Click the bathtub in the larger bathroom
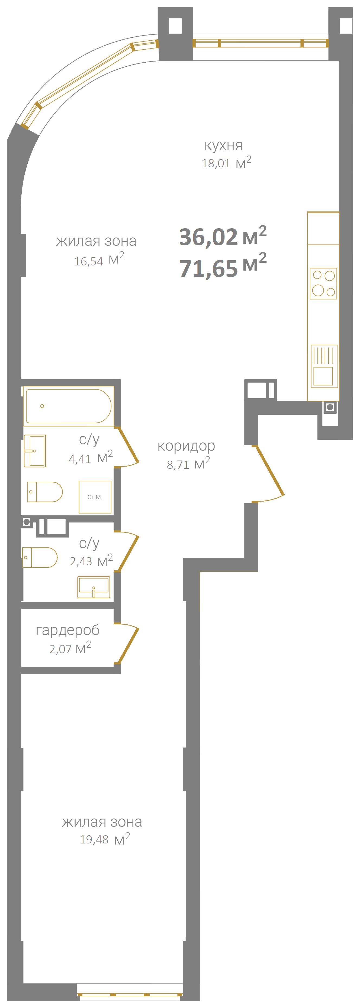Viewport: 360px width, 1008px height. pyautogui.click(x=69, y=406)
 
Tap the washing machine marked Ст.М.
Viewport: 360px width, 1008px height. pyautogui.click(x=95, y=497)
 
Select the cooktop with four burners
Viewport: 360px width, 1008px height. pyautogui.click(x=323, y=284)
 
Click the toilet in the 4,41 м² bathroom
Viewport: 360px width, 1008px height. pyautogui.click(x=45, y=492)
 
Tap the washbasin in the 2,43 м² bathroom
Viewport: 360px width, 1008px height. pyautogui.click(x=94, y=587)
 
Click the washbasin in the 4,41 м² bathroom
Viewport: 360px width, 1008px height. pyautogui.click(x=35, y=451)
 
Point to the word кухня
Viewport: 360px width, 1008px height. pyautogui.click(x=223, y=146)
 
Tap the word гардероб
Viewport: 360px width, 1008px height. pyautogui.click(x=68, y=630)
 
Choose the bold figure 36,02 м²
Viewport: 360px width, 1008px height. pyautogui.click(x=223, y=236)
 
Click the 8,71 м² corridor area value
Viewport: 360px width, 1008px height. pyautogui.click(x=189, y=463)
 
